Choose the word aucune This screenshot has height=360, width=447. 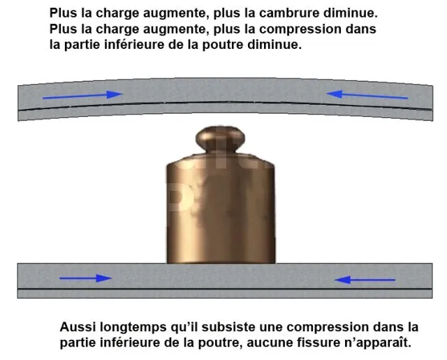(265, 343)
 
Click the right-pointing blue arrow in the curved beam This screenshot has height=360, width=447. (82, 95)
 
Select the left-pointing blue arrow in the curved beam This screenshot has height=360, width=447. (367, 94)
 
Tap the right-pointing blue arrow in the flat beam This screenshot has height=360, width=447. (85, 278)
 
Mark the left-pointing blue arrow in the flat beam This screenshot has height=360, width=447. (365, 280)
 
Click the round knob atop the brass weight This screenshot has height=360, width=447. (220, 139)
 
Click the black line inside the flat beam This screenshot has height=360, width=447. (225, 289)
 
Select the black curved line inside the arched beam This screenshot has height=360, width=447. (225, 102)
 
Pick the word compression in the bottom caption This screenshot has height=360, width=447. (328, 328)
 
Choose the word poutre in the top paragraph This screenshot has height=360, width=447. (223, 45)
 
